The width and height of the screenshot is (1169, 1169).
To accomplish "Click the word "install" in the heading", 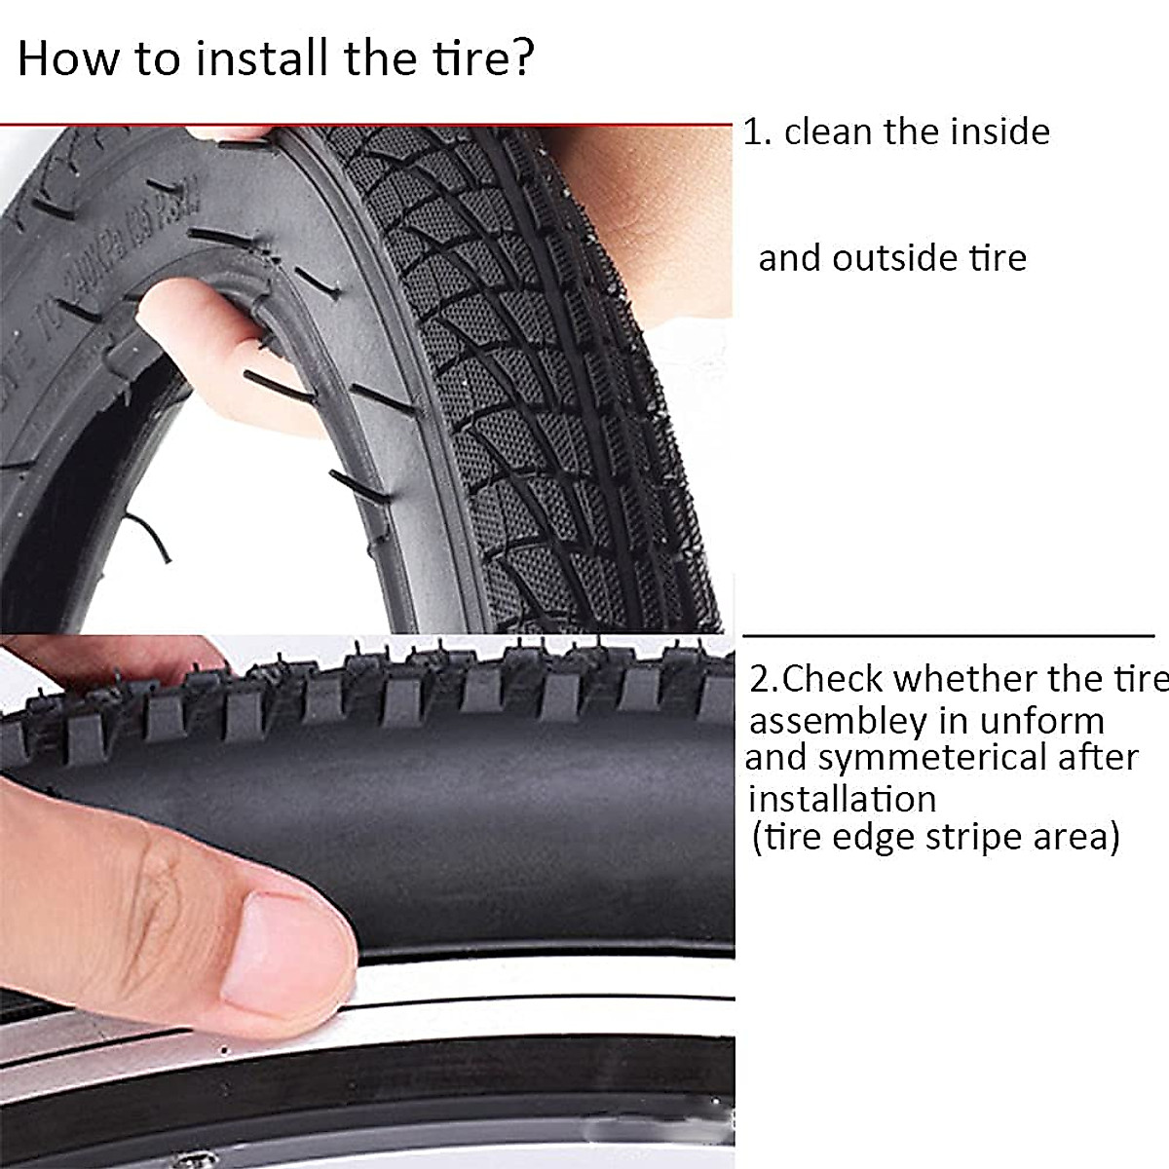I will click(x=262, y=58).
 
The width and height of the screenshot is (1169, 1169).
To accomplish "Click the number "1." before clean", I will click(x=757, y=132).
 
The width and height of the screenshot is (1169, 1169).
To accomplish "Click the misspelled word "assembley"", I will click(x=838, y=722).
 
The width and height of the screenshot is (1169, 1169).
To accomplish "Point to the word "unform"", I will click(x=1042, y=722).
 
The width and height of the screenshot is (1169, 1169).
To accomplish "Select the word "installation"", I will click(x=842, y=799).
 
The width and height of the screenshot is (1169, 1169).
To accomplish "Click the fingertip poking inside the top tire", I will click(x=195, y=331).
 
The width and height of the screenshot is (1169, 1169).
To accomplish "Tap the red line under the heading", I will click(x=365, y=125).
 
